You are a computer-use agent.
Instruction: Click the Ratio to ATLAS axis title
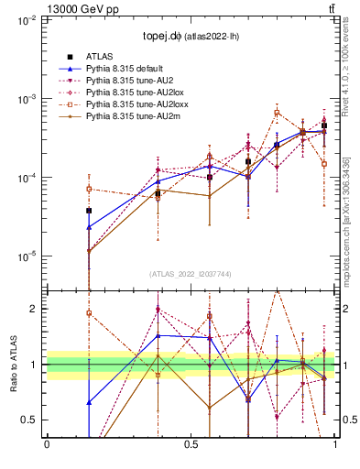coord(12,365)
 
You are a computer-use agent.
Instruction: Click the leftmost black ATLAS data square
coord(89,211)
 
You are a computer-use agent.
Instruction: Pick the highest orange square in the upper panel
coord(277,113)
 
